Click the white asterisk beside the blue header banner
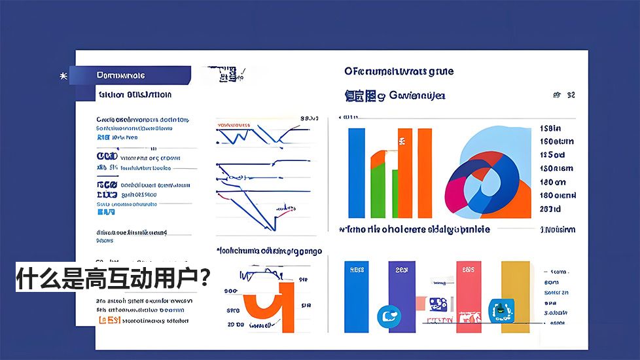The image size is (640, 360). [x=63, y=76]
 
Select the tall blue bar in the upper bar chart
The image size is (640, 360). [x=357, y=173]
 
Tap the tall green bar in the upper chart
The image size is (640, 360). [x=378, y=190]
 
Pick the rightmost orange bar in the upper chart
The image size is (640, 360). [x=425, y=173]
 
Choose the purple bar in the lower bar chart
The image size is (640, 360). [x=401, y=288]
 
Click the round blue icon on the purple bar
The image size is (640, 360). [x=387, y=317]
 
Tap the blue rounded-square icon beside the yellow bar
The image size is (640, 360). [x=501, y=309]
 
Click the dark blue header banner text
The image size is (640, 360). [x=121, y=75]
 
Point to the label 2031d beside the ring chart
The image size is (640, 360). [x=550, y=209]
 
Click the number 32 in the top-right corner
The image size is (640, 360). [x=571, y=95]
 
